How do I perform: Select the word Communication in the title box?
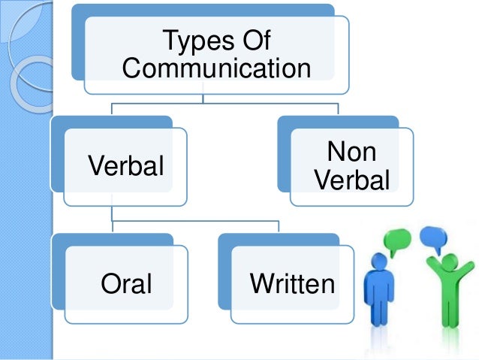point(216,69)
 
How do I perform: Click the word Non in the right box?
point(351,153)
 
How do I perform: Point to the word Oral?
point(125,284)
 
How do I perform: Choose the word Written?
point(292,284)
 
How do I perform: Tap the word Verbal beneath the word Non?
point(351,181)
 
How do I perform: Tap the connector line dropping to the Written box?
point(279,227)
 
